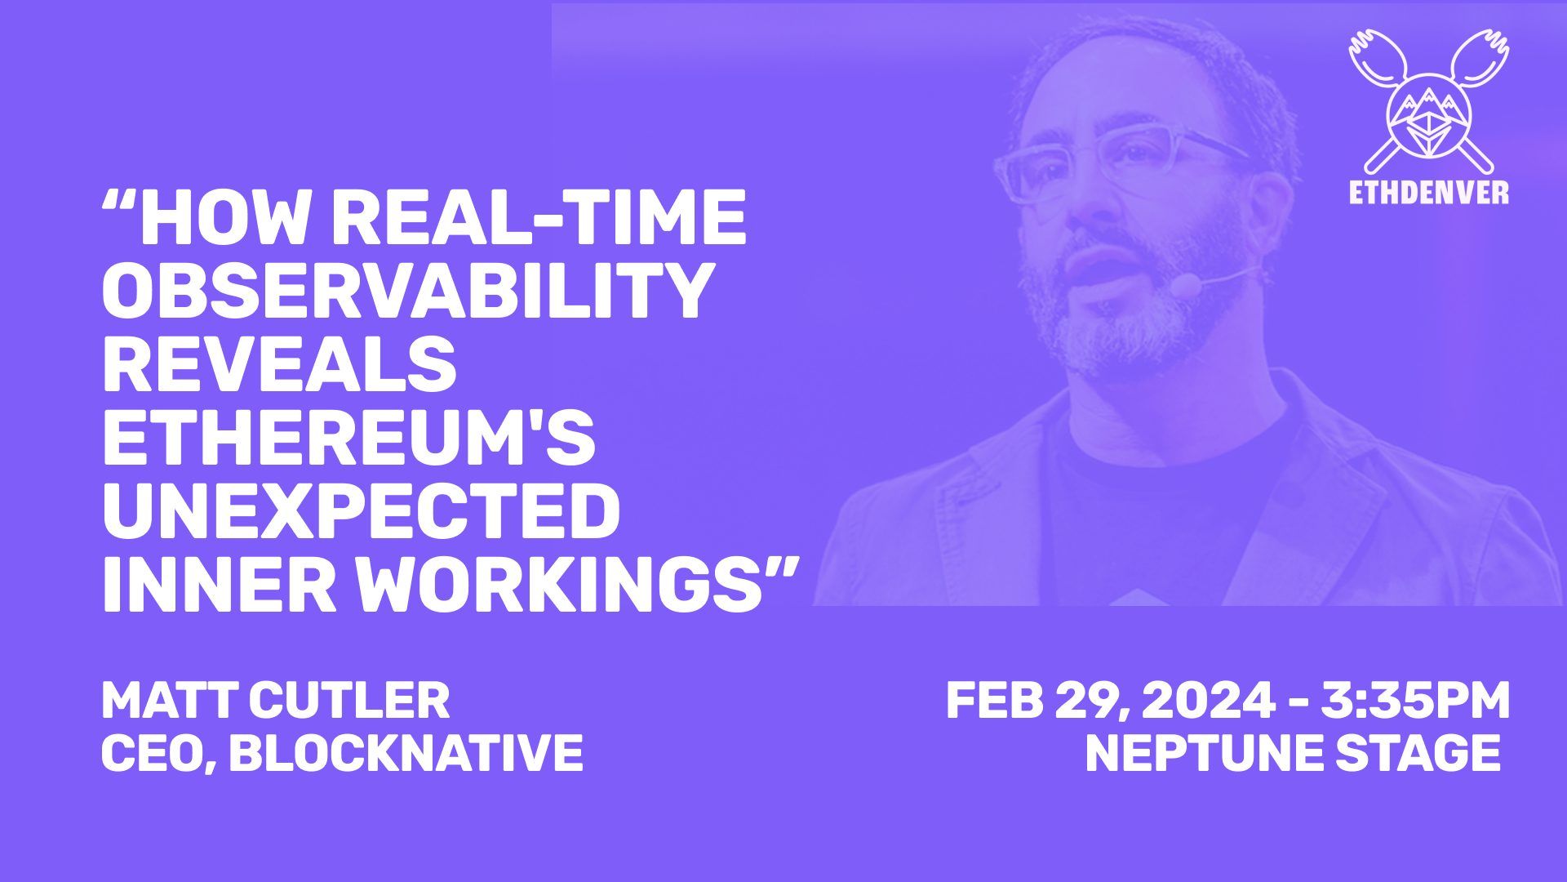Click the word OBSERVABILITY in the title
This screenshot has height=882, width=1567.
pyautogui.click(x=408, y=291)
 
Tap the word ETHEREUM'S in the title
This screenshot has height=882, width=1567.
pyautogui.click(x=348, y=439)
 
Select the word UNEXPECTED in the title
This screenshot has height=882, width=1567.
pyautogui.click(x=362, y=511)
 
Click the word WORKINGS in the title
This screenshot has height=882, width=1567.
pyautogui.click(x=559, y=586)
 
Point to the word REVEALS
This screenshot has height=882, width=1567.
pyautogui.click(x=279, y=365)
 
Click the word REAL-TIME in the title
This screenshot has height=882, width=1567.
pyautogui.click(x=538, y=218)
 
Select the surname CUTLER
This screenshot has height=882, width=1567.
pyautogui.click(x=348, y=701)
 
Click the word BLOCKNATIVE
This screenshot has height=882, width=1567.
pyautogui.click(x=406, y=753)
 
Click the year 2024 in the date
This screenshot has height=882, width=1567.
pyautogui.click(x=1208, y=701)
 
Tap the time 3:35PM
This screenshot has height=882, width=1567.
pyautogui.click(x=1415, y=701)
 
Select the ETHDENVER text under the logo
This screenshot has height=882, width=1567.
pyautogui.click(x=1428, y=193)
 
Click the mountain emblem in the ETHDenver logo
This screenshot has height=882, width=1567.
pyautogui.click(x=1429, y=114)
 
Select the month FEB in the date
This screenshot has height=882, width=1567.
pyautogui.click(x=995, y=701)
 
